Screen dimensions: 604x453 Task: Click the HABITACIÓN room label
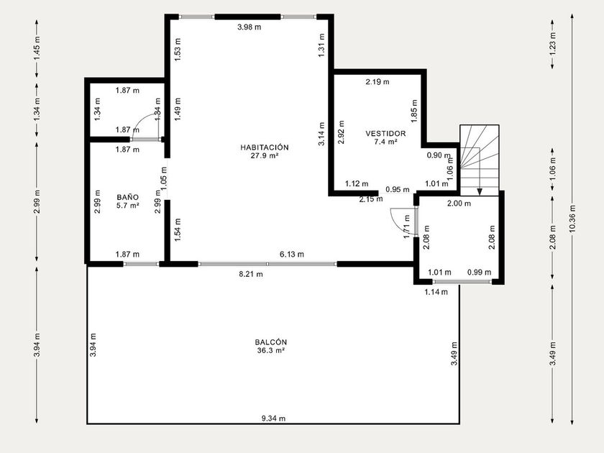265,147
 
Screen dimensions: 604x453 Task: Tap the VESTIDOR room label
385,134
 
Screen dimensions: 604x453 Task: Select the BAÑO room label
127,197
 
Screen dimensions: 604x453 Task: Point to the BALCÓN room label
271,342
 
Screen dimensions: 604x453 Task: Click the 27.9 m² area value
265,155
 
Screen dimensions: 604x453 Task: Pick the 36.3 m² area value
271,351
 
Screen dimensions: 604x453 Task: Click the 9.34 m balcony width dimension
273,418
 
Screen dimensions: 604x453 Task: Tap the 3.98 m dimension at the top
250,27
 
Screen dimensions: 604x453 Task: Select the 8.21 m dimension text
251,274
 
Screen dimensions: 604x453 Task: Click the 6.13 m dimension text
292,255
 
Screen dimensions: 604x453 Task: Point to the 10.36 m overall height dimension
572,219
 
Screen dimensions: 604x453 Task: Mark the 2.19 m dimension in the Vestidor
377,82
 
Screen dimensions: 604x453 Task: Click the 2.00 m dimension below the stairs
459,203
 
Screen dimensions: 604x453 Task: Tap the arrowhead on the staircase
480,191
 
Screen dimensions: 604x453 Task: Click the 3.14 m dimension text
321,134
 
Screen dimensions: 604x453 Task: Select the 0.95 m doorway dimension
398,190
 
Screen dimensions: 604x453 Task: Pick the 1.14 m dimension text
436,292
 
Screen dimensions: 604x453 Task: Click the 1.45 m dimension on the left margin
37,47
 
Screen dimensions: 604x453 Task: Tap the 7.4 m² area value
385,142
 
